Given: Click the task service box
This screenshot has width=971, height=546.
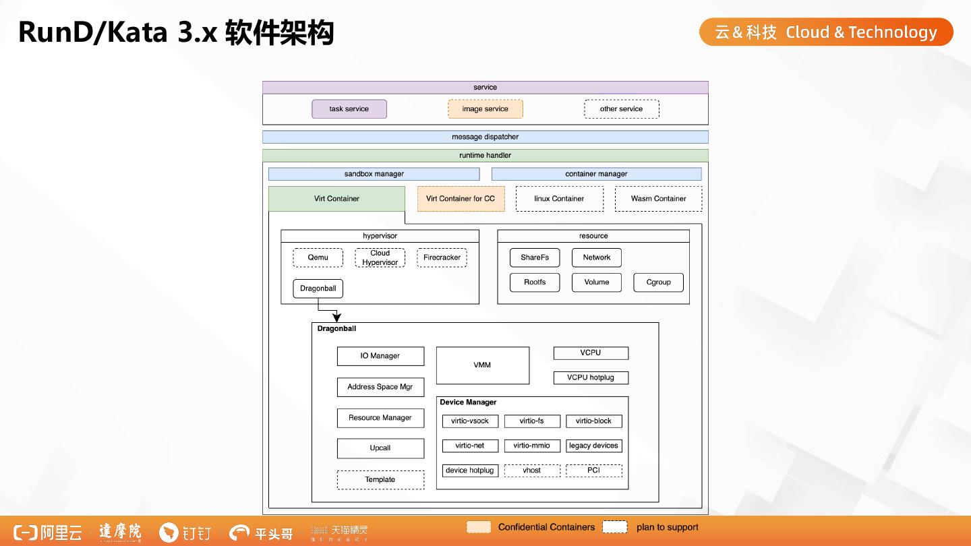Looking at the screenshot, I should (349, 109).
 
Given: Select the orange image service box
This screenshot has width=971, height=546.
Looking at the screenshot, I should (486, 109).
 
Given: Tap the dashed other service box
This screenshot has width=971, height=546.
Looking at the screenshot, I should (621, 109).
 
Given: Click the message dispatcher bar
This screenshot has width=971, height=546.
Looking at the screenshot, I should (486, 137).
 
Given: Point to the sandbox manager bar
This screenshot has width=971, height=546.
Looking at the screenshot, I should (374, 174).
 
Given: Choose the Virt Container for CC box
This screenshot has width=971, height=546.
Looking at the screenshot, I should (461, 199).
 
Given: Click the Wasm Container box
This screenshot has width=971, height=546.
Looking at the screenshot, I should (658, 199).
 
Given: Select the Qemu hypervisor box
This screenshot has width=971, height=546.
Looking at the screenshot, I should (318, 257).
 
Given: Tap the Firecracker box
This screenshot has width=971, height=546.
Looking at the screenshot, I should (442, 257).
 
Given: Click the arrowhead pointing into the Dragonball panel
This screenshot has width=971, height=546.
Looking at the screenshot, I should (337, 317).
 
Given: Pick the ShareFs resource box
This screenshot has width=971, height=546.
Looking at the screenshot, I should (535, 257).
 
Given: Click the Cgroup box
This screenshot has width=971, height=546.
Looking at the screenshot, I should (658, 282).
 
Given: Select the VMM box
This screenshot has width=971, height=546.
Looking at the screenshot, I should (482, 365).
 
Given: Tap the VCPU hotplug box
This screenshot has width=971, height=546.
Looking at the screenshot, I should (591, 377).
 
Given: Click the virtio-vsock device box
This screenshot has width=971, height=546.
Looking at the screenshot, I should (470, 421).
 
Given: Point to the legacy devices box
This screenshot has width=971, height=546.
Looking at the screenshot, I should (593, 446).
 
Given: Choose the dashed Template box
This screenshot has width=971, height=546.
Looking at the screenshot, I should (380, 480).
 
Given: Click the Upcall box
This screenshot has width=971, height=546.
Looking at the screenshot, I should (380, 448).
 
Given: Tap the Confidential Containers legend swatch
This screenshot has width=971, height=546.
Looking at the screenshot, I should (479, 527).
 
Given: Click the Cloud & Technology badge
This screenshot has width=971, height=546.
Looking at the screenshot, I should (826, 32).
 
